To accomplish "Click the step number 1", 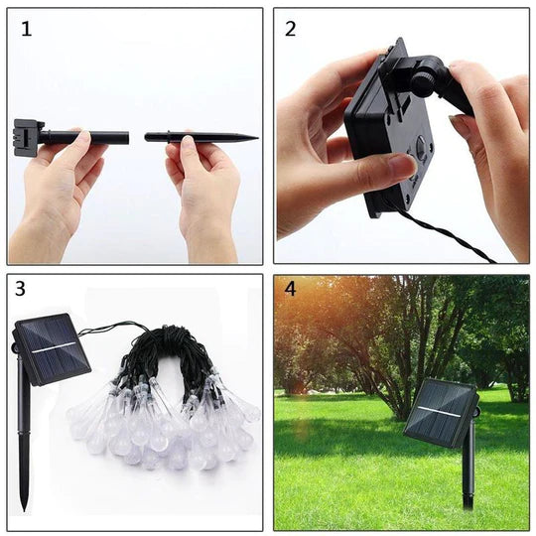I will [x=26, y=29].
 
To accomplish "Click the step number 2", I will [x=290, y=29].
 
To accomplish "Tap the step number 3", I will [x=21, y=290].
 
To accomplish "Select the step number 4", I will [x=290, y=291].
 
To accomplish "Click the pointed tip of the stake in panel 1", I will [x=252, y=137].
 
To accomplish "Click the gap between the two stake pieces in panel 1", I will [x=137, y=136].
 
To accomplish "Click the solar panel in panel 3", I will [x=52, y=348].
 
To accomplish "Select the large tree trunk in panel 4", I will [x=397, y=377].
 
